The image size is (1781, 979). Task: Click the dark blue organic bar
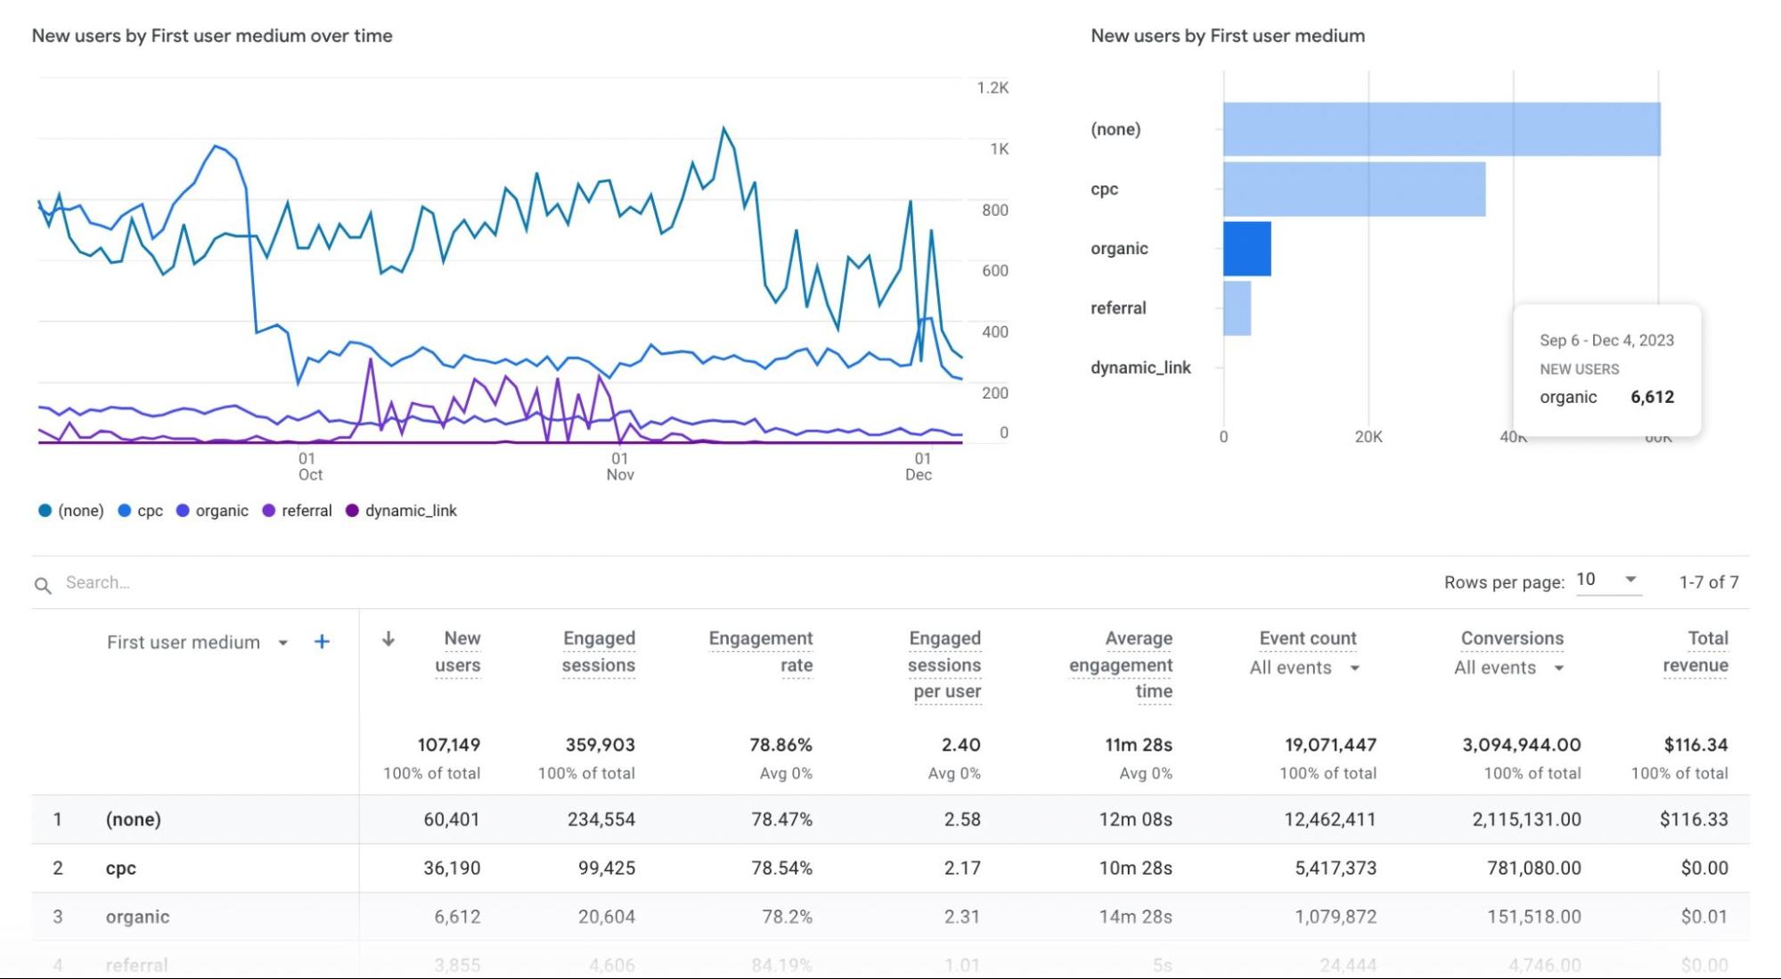click(x=1246, y=249)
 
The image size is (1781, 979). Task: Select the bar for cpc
click(x=1353, y=189)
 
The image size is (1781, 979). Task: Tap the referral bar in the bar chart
click(x=1237, y=309)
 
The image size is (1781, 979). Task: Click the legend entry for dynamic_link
click(x=402, y=511)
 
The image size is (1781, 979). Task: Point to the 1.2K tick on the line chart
click(x=993, y=88)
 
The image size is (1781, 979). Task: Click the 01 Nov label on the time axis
click(x=620, y=466)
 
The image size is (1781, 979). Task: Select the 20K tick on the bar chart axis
click(x=1368, y=437)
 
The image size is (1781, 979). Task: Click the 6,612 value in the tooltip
click(x=1652, y=398)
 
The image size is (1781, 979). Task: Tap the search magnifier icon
click(x=43, y=585)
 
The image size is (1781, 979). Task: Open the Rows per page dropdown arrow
click(x=1630, y=580)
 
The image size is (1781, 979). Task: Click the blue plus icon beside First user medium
click(x=322, y=642)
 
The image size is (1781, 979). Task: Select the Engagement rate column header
click(x=761, y=652)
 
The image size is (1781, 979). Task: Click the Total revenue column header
click(x=1695, y=652)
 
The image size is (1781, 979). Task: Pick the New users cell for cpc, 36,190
click(x=452, y=868)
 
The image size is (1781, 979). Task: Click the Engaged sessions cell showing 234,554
click(x=601, y=819)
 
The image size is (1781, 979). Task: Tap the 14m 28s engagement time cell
click(x=1135, y=917)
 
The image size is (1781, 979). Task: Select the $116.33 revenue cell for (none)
click(x=1693, y=819)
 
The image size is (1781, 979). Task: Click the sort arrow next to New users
click(x=388, y=639)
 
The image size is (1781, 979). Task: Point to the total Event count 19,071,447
click(x=1330, y=745)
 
